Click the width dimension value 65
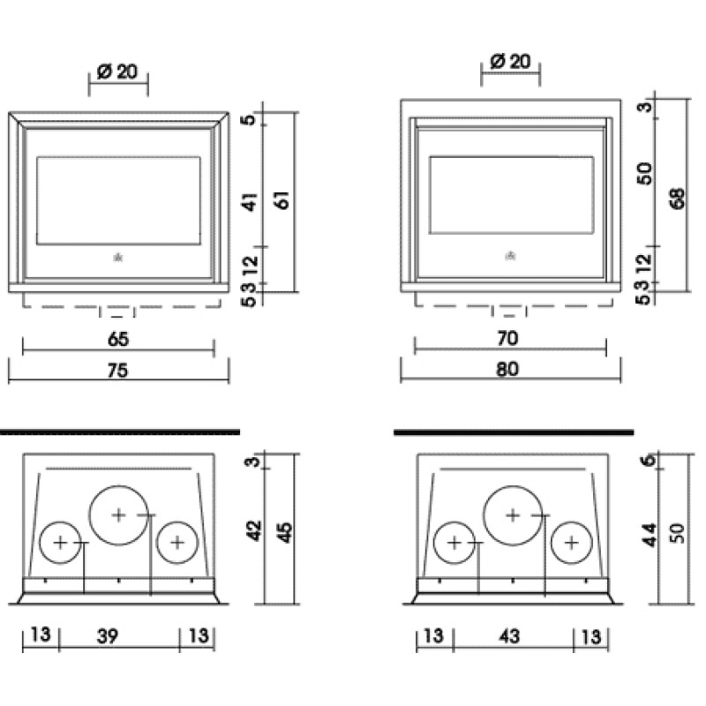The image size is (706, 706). [x=117, y=338]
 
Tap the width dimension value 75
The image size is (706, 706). [x=117, y=372]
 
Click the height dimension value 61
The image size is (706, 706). [x=283, y=200]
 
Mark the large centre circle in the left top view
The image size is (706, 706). [x=119, y=514]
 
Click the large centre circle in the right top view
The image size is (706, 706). [x=513, y=514]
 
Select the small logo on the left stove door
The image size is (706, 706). [x=116, y=257]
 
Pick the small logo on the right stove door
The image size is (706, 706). [x=509, y=257]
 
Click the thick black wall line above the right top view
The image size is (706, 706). [x=513, y=433]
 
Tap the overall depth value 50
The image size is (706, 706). [x=677, y=534]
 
